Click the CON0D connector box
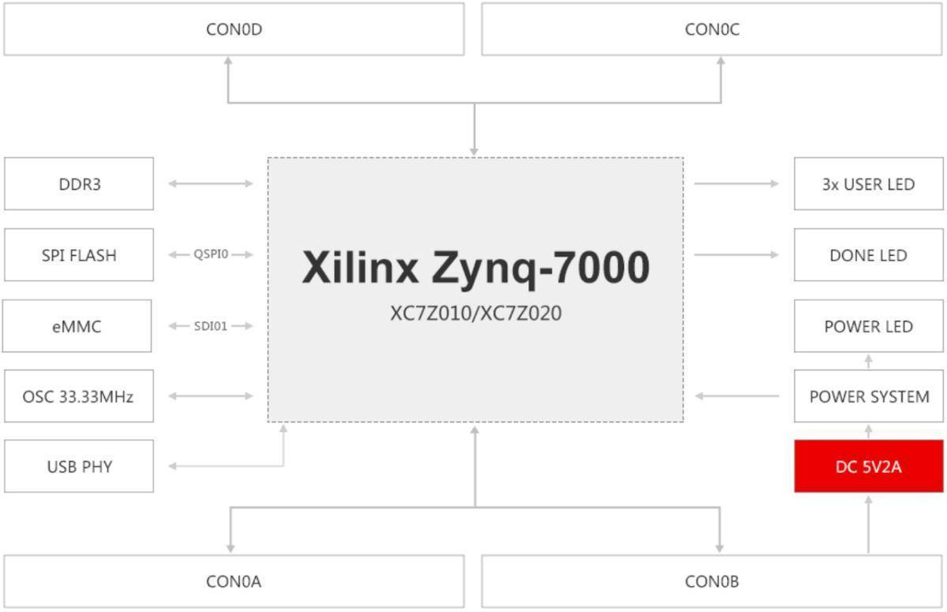[x=234, y=30]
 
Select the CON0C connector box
[x=712, y=30]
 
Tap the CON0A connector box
[x=234, y=582]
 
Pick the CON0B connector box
[x=712, y=582]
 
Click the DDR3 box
[x=79, y=184]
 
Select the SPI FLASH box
[x=79, y=255]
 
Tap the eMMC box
[x=77, y=326]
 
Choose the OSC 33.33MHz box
[x=79, y=396]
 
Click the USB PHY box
[x=79, y=466]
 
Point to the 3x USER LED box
[x=868, y=184]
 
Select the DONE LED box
[x=868, y=255]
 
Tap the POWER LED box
[x=868, y=326]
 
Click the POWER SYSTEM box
[x=868, y=396]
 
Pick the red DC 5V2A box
[x=868, y=466]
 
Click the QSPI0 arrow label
[x=211, y=254]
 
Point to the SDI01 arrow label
[x=211, y=325]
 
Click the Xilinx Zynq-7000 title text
[x=475, y=268]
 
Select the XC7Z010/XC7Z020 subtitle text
[x=475, y=314]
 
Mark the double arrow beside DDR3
[x=211, y=184]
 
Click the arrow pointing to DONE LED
[x=736, y=254]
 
